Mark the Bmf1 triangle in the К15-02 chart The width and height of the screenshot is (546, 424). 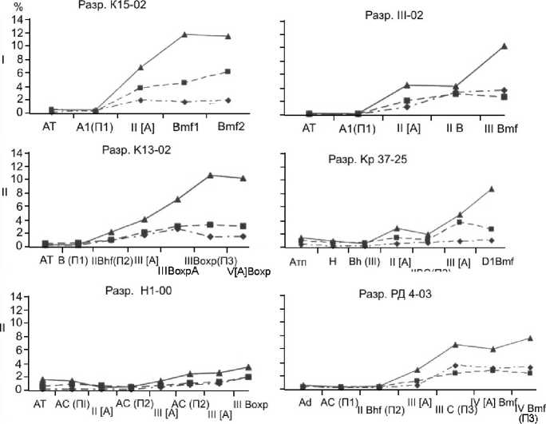pyautogui.click(x=184, y=34)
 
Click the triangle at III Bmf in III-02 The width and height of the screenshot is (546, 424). pyautogui.click(x=504, y=46)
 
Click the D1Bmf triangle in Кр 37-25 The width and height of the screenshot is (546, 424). pyautogui.click(x=491, y=189)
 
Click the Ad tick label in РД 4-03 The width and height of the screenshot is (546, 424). pyautogui.click(x=305, y=402)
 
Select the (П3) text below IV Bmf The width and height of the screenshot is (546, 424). pyautogui.click(x=528, y=418)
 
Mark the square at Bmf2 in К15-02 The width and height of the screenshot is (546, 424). pyautogui.click(x=229, y=72)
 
